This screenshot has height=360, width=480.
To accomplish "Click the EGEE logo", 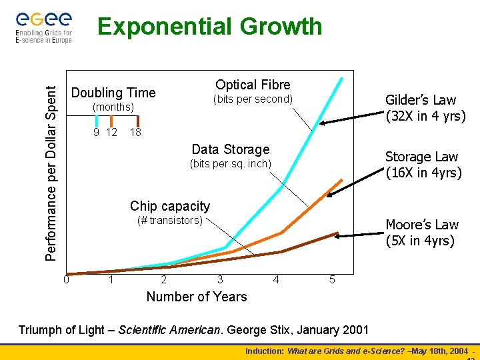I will tap(43, 25).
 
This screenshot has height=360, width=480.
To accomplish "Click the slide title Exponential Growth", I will tap(209, 27).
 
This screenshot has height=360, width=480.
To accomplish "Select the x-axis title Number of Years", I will tap(196, 297).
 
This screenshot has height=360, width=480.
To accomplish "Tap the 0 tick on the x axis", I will tap(66, 279).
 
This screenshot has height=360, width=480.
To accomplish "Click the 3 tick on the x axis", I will tap(219, 279).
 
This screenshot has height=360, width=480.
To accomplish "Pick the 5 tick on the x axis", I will tap(332, 279).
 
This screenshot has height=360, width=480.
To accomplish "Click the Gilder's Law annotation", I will tap(425, 108).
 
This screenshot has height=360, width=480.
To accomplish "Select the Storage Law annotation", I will tap(423, 165).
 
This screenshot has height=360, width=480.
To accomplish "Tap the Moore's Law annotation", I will tap(422, 233).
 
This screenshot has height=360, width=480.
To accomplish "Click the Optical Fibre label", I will tap(253, 85).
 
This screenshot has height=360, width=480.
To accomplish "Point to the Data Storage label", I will tap(230, 149).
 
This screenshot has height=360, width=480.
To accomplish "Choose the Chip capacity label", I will tap(169, 206).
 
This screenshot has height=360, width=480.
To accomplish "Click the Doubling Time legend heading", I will tap(113, 93).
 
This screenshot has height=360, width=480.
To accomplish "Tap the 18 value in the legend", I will tap(135, 132).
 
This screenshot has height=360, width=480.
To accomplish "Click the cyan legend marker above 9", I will tap(97, 121).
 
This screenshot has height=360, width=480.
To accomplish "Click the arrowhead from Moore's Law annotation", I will tap(338, 235).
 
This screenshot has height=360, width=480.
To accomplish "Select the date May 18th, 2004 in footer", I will tap(437, 351).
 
